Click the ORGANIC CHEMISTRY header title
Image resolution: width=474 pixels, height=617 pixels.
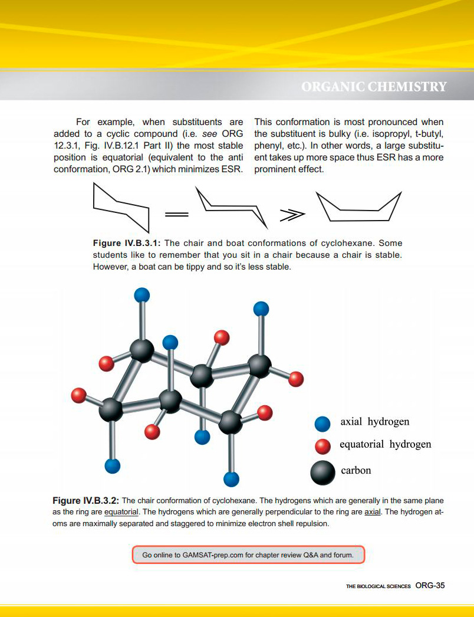[374, 87]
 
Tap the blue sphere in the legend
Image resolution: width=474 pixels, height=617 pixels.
[322, 424]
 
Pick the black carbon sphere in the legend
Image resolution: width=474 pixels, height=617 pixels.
[323, 471]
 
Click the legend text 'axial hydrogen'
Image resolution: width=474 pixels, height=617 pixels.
[374, 422]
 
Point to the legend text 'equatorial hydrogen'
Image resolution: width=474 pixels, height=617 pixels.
[385, 444]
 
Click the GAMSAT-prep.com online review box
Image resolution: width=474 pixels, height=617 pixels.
[248, 554]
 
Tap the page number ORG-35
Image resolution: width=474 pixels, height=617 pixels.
[429, 586]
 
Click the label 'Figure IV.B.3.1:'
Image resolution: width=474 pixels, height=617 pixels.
[126, 243]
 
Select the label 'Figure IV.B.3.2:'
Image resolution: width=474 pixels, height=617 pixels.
[85, 500]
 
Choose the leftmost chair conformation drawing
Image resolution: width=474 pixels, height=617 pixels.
[121, 207]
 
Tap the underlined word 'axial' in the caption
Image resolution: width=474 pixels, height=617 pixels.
[372, 512]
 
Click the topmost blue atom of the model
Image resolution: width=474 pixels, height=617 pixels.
[142, 294]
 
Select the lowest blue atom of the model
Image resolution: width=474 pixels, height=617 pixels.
[232, 478]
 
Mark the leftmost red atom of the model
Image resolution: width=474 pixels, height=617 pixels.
[78, 395]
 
